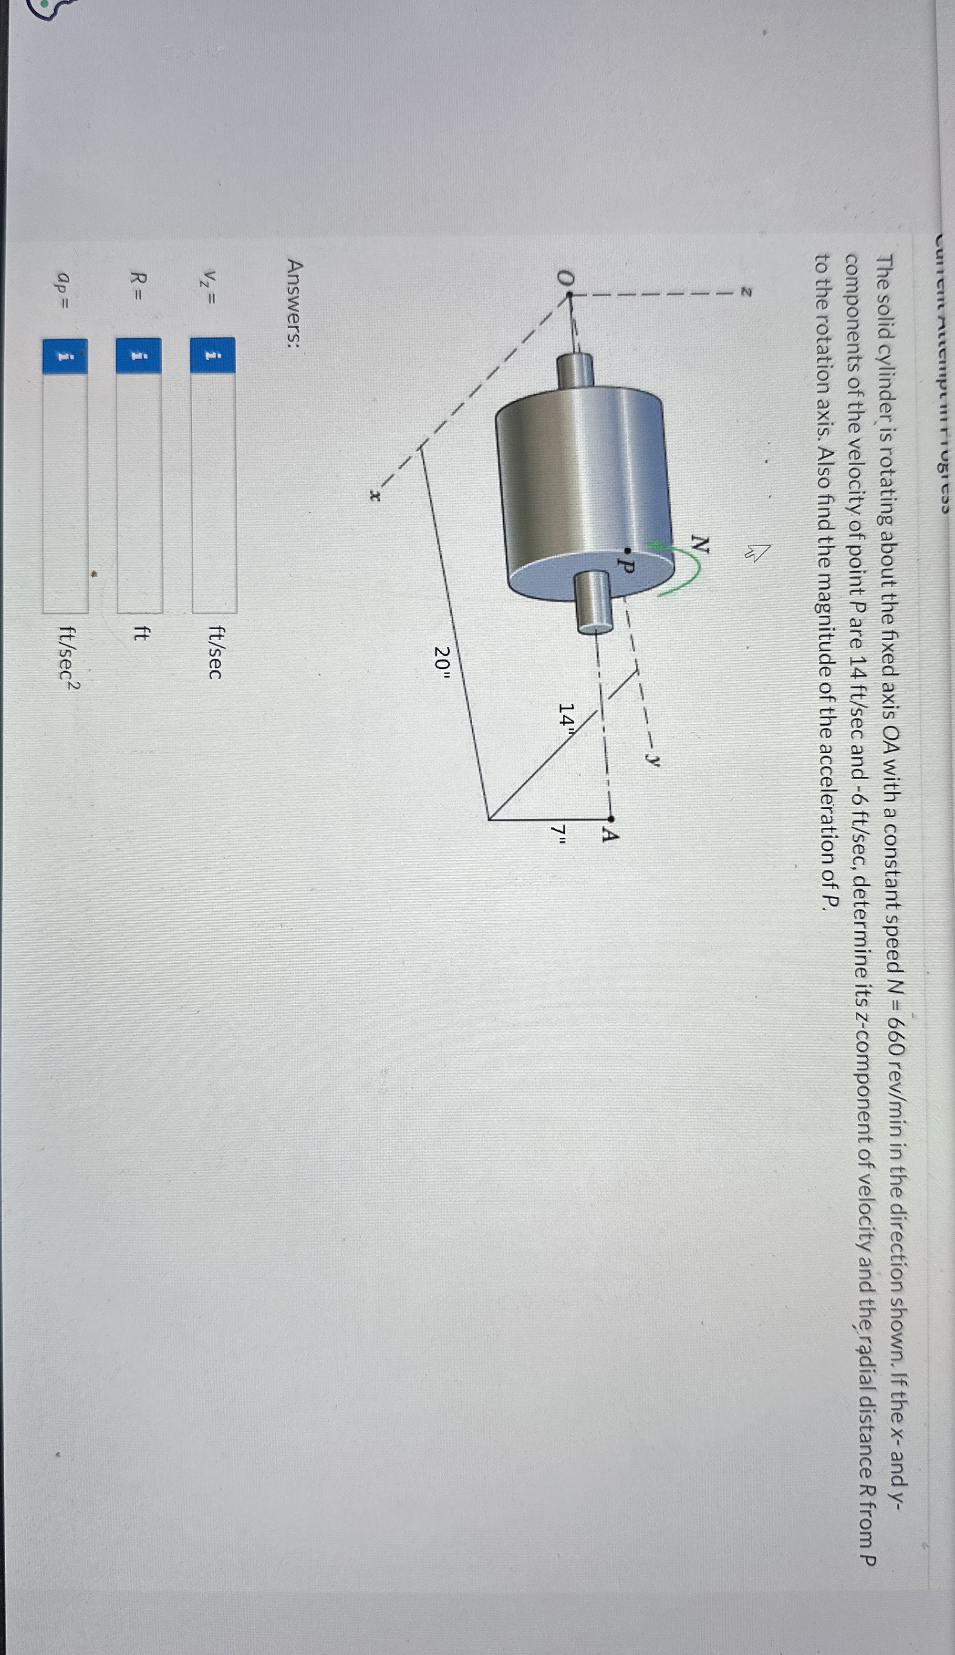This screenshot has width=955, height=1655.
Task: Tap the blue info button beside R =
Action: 139,357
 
